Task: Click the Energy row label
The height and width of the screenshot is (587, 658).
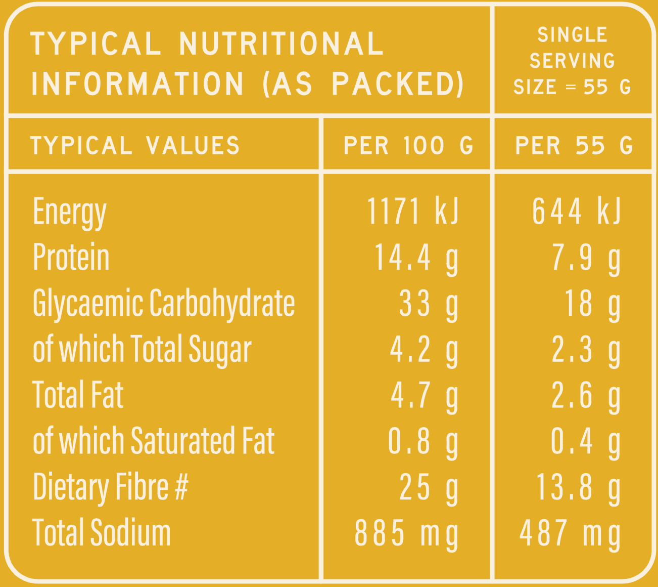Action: tap(70, 213)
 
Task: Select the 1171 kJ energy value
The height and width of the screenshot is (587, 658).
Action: tap(412, 211)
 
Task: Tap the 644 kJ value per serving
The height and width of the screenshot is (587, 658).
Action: tap(576, 211)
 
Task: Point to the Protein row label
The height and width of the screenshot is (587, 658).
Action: tap(71, 258)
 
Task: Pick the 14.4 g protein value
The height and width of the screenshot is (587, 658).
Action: tap(416, 258)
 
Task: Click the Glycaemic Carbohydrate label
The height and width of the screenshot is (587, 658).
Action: tap(164, 304)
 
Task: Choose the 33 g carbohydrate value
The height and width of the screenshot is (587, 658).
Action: tap(429, 304)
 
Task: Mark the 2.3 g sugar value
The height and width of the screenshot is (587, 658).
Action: tap(586, 350)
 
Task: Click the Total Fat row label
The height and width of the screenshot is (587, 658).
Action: tap(78, 395)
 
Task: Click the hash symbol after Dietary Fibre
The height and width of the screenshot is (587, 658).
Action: tap(181, 487)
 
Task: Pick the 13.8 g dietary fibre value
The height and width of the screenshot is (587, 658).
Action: tap(578, 487)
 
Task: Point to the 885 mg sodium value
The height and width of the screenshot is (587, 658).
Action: tap(406, 533)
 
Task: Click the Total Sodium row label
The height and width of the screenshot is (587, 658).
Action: tap(102, 533)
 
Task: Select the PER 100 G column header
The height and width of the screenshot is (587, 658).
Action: tap(408, 146)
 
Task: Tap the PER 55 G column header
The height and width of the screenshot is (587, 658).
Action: tap(574, 146)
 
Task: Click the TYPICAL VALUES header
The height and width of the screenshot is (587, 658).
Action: tap(135, 146)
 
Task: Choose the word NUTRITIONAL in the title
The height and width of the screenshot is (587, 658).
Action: tap(281, 44)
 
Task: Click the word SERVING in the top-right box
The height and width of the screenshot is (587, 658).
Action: tap(572, 61)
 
